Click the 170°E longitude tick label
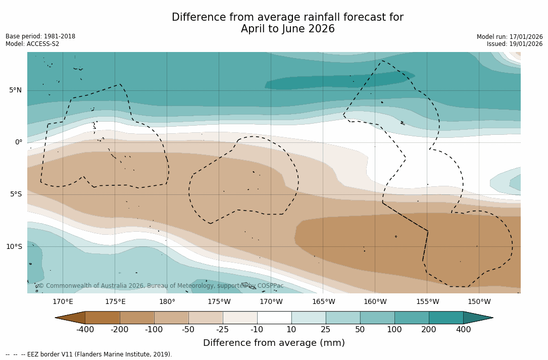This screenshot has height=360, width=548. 63,302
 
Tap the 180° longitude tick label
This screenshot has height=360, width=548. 167,302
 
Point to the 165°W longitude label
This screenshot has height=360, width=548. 323,302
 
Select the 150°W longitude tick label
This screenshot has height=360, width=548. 479,302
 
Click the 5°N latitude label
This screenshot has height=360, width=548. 15,90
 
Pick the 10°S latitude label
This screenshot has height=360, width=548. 14,247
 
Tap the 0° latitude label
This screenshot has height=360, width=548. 19,142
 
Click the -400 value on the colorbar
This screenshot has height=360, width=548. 85,330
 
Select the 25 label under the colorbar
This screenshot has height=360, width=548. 326,330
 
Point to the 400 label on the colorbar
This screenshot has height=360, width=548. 463,330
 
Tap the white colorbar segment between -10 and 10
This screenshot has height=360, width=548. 274,318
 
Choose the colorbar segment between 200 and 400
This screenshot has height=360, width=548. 446,318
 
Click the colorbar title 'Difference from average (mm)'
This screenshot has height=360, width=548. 274,343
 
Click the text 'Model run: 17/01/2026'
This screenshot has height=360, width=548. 510,37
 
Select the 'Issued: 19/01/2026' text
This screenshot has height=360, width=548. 515,44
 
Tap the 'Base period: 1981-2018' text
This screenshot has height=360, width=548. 40,36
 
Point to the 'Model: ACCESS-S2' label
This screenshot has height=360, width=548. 32,44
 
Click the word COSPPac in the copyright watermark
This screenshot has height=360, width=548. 271,286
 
